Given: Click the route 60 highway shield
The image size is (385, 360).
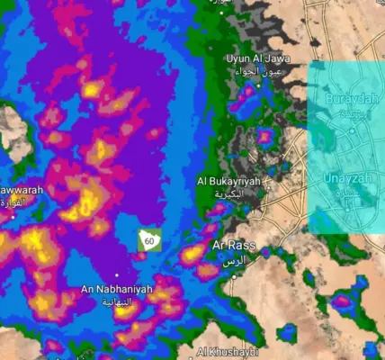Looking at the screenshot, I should coord(150,240).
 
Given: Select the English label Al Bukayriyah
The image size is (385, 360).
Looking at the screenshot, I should coord(228,181).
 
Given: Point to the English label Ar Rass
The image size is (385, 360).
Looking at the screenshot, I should coord(233,245).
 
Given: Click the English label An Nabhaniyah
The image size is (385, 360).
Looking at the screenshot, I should coord(117,289).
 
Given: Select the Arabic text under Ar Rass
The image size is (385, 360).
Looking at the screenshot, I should coord(233,259).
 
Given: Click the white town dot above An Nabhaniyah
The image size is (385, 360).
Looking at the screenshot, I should coord(117,275).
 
